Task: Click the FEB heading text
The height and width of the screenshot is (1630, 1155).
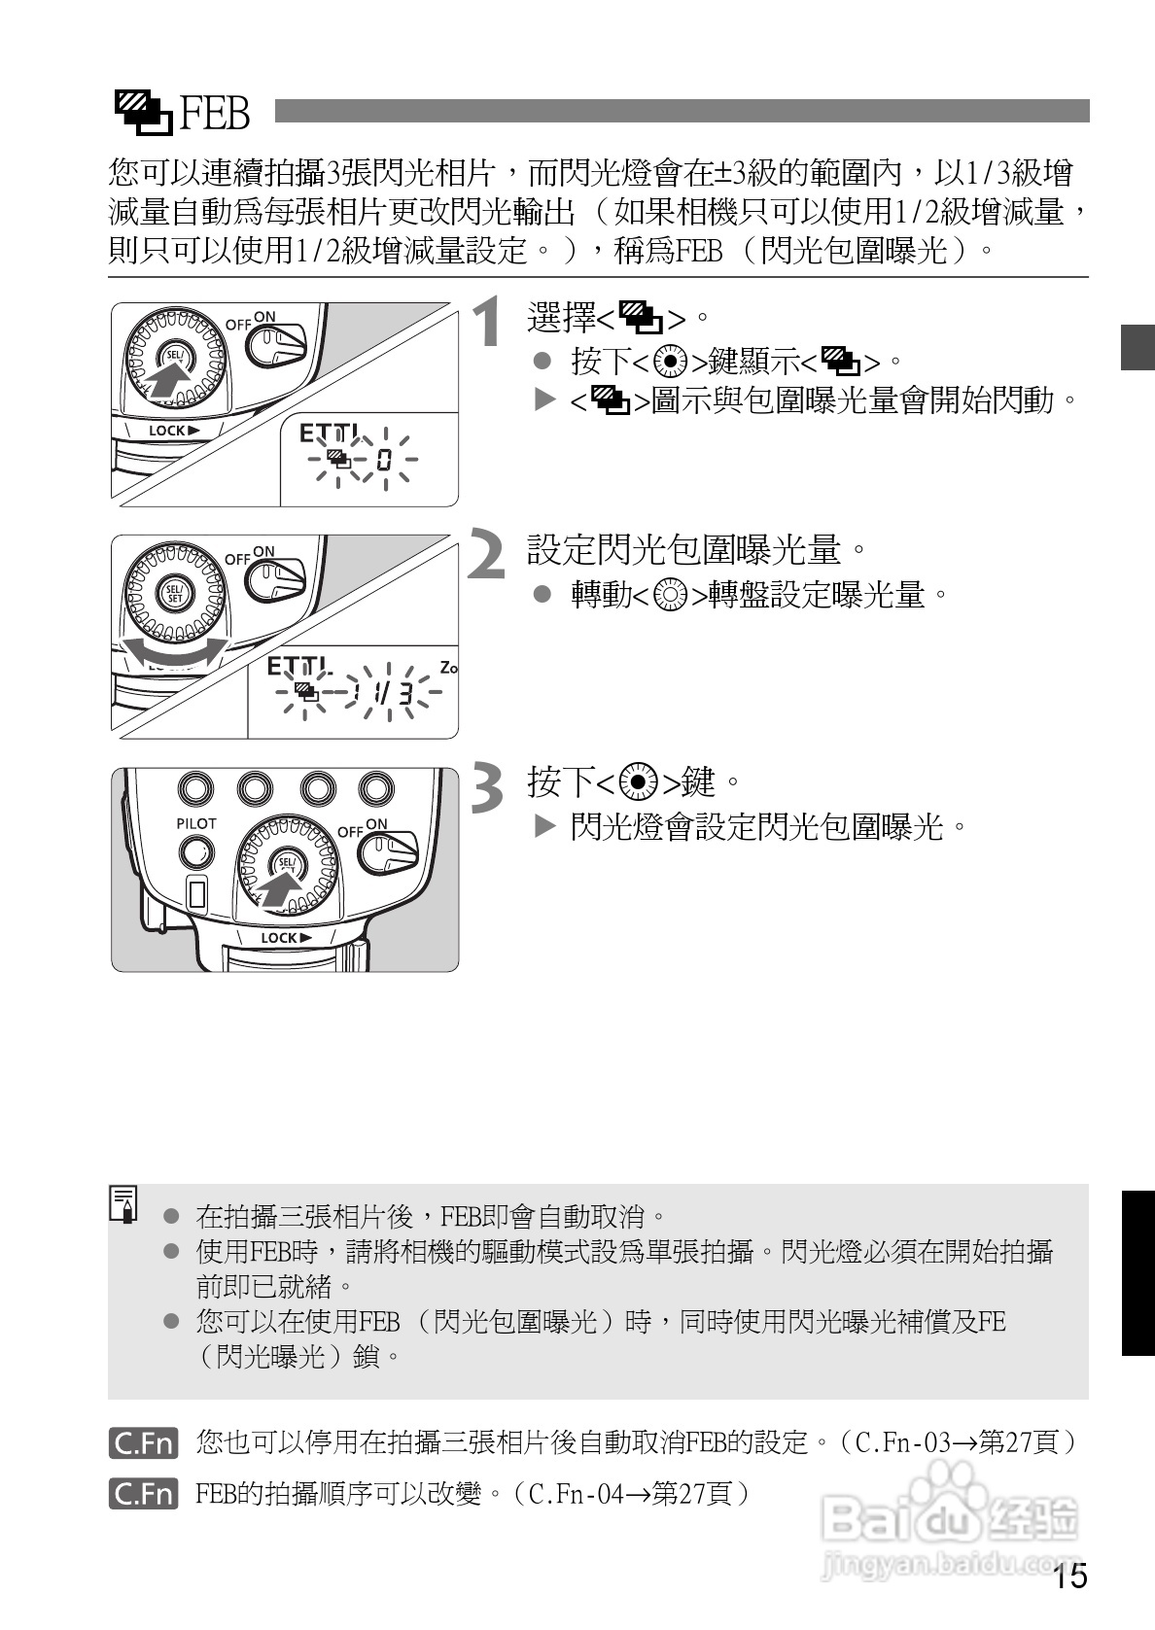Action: tap(215, 114)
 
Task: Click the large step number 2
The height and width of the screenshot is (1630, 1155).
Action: tap(488, 554)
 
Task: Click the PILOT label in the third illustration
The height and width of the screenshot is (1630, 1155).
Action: tap(195, 823)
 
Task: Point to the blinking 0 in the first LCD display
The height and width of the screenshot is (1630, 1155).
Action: tap(383, 460)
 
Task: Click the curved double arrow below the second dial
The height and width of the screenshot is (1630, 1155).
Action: tap(173, 653)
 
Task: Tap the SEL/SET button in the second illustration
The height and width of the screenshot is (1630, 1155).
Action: tap(174, 594)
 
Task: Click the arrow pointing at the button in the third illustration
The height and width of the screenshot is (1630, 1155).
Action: tap(279, 887)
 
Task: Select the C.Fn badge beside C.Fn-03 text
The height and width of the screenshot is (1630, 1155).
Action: tap(143, 1442)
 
